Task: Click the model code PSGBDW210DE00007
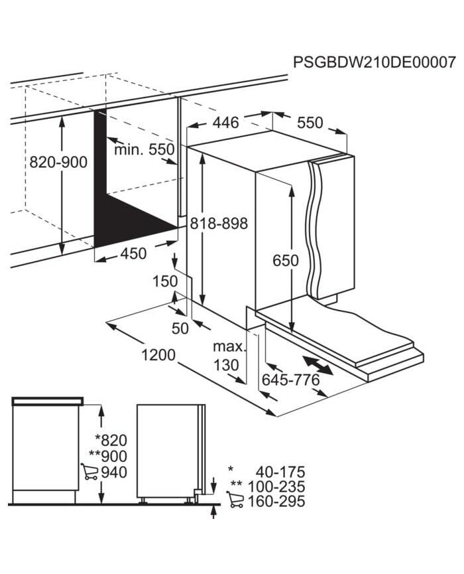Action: point(375,62)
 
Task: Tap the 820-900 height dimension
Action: point(58,162)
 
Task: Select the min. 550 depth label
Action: point(145,149)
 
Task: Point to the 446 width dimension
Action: point(226,123)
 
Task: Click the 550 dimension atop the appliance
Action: point(310,123)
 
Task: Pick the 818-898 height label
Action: point(219,223)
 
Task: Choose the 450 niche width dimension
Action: point(133,253)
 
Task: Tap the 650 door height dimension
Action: point(286,261)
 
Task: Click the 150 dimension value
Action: point(165,281)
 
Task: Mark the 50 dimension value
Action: point(180,328)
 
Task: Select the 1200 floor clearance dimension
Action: point(158,355)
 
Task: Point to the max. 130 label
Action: point(229,356)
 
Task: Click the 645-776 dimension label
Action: point(291,380)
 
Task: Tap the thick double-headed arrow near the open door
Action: point(318,365)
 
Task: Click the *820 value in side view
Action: point(111,440)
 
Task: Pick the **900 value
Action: point(108,456)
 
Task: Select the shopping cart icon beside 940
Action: point(89,472)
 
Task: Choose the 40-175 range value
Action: point(280,472)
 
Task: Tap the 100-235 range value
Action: point(276,486)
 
